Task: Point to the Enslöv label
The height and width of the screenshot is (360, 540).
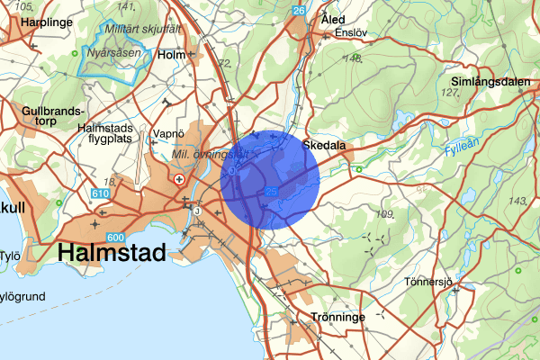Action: pyautogui.click(x=352, y=33)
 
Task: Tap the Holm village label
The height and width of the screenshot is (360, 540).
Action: pyautogui.click(x=171, y=55)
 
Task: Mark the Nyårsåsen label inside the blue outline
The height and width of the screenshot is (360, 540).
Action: pyautogui.click(x=111, y=53)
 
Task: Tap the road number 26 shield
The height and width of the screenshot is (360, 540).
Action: pyautogui.click(x=299, y=10)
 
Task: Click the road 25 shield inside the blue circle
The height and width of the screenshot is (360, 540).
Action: pyautogui.click(x=272, y=192)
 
